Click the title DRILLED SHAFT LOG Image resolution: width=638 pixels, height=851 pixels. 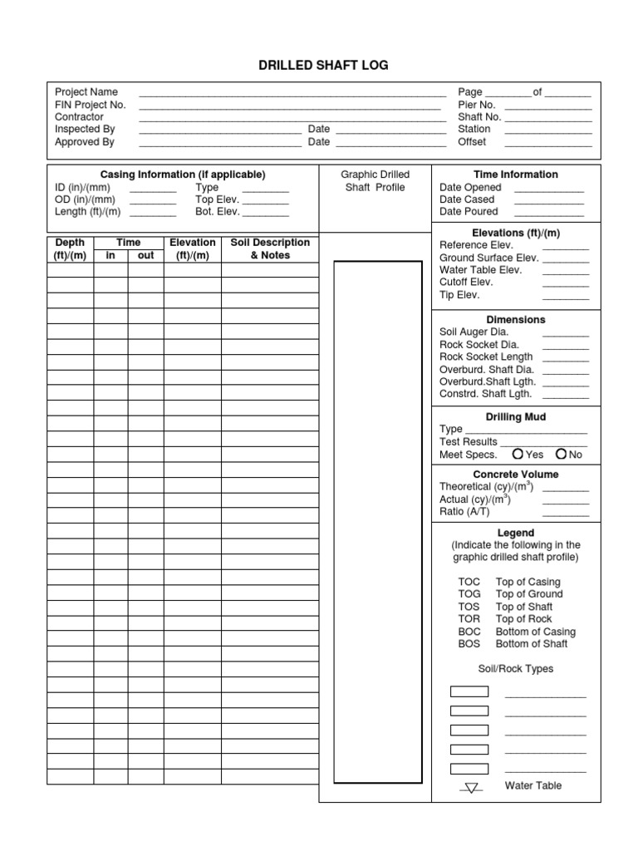click(319, 65)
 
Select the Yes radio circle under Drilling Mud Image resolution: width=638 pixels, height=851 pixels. click(518, 454)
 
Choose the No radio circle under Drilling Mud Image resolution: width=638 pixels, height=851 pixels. click(562, 454)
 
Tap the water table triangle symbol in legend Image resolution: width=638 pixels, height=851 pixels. click(472, 787)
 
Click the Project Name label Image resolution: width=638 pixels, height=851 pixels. click(86, 92)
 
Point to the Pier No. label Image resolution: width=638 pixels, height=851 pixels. click(477, 105)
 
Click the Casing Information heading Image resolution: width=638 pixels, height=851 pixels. click(183, 175)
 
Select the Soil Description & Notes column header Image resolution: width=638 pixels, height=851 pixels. click(270, 249)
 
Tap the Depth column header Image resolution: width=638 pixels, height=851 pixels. click(70, 249)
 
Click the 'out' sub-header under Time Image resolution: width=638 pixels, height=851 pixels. click(145, 256)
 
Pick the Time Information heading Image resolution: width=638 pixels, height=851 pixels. click(516, 175)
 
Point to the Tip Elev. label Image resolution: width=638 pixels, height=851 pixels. click(459, 295)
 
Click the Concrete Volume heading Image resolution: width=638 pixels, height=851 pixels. click(516, 475)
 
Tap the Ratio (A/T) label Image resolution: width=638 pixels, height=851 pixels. click(464, 512)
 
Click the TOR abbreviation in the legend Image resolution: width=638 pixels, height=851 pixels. click(469, 619)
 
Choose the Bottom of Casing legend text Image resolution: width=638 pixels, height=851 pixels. click(535, 632)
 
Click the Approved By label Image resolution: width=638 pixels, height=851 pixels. click(85, 142)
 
